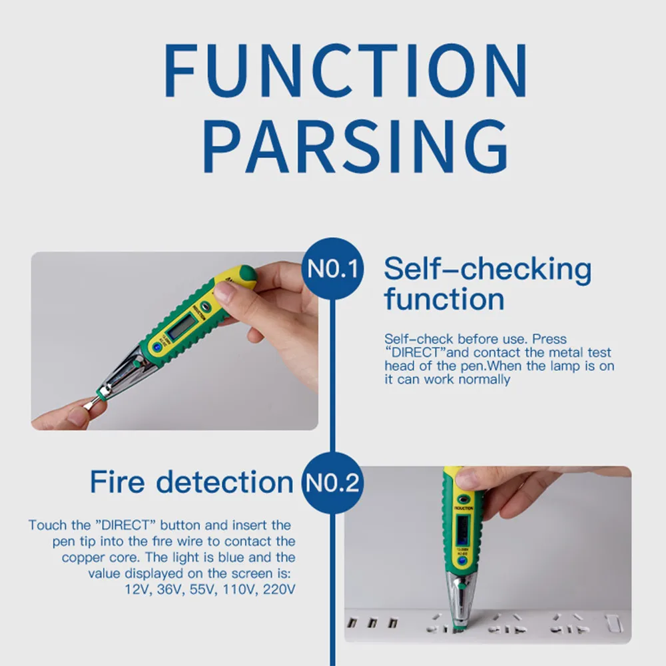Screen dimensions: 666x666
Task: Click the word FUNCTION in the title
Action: [x=345, y=71]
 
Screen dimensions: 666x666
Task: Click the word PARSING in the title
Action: [x=356, y=147]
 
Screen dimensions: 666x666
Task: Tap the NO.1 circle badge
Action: [x=332, y=268]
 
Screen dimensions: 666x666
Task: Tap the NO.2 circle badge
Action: [x=332, y=483]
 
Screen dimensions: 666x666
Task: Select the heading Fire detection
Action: [x=192, y=482]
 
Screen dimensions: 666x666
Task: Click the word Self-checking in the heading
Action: [x=488, y=270]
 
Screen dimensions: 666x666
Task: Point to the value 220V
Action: [x=279, y=589]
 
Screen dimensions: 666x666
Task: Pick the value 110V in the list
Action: [x=240, y=589]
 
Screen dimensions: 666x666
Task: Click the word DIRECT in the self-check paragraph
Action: [x=416, y=352]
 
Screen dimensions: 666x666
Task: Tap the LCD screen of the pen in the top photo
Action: [x=182, y=326]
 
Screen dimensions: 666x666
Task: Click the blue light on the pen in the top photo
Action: [x=157, y=348]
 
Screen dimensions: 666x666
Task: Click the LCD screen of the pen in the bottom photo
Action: [x=463, y=530]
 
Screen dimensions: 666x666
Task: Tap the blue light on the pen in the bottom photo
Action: [x=462, y=561]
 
